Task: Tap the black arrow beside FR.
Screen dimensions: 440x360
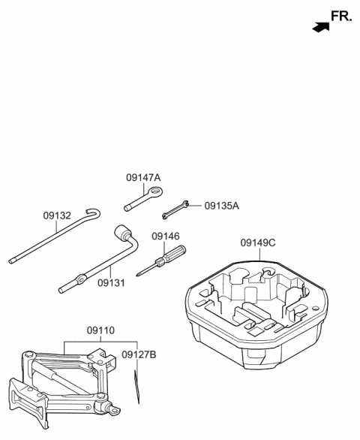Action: coord(321,27)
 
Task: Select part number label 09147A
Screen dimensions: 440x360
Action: coord(143,178)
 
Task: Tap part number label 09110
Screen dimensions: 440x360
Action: coord(101,330)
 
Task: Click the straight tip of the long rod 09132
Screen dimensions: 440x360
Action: coord(13,261)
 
